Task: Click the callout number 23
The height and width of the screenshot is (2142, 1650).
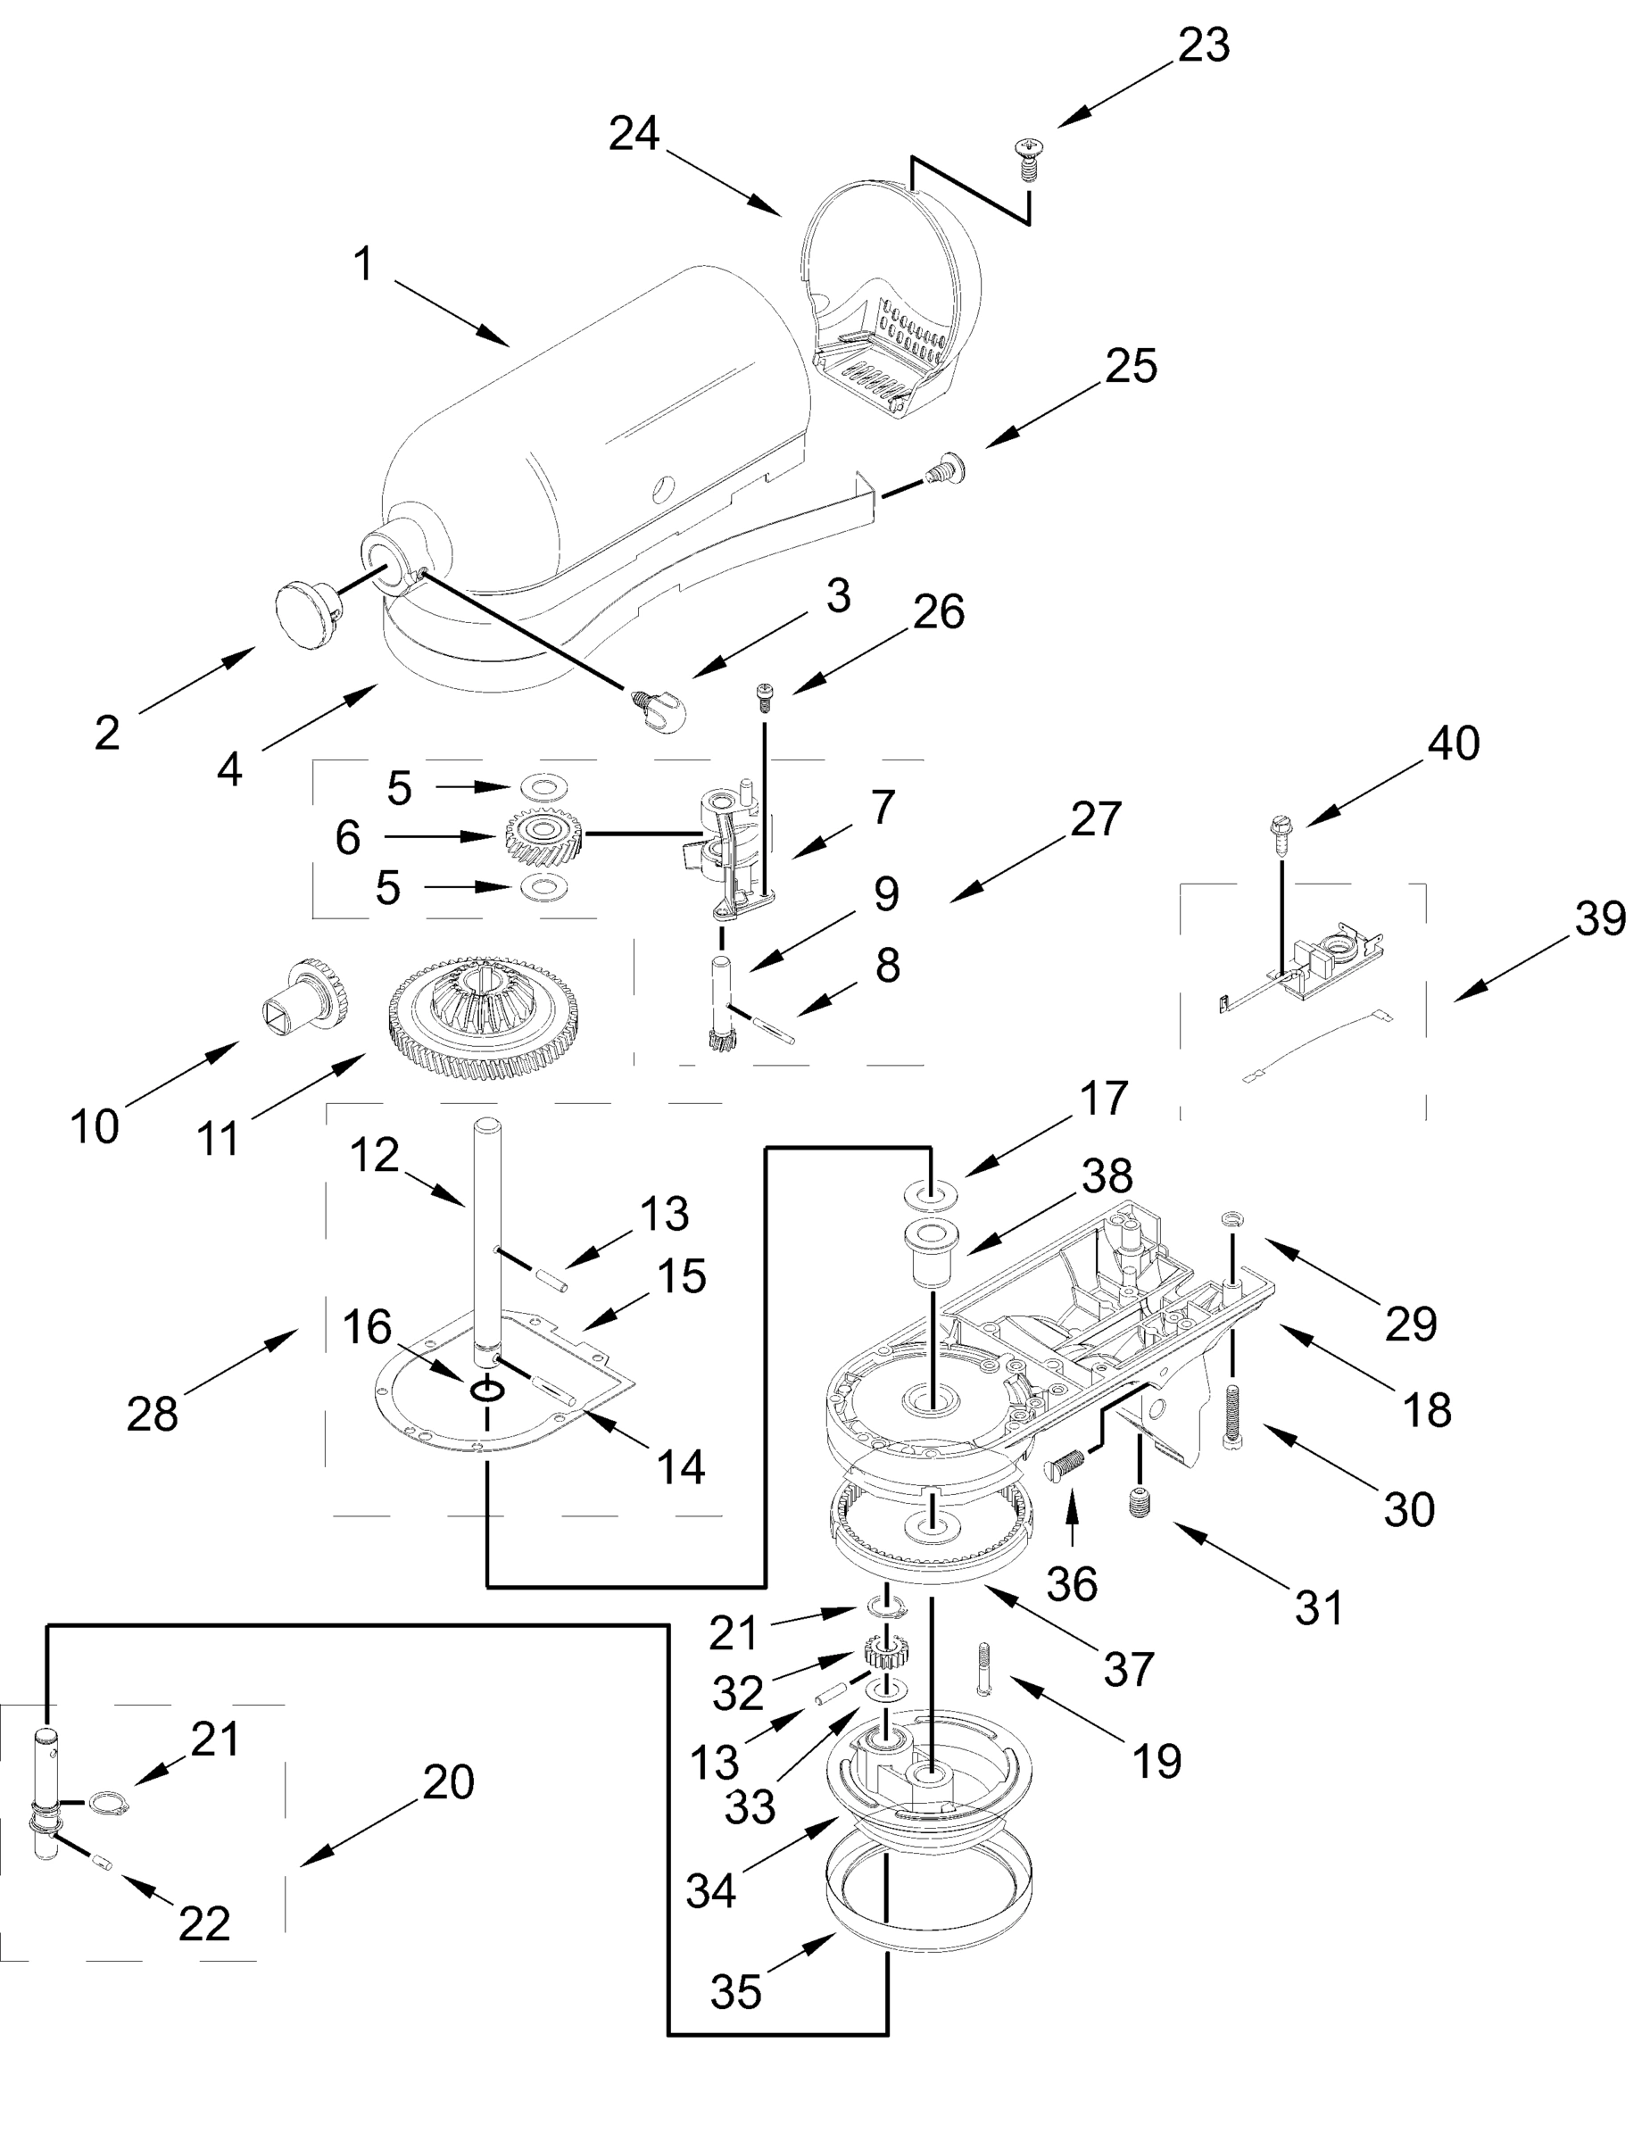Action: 1203,46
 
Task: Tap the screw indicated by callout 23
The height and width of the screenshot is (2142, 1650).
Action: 1027,160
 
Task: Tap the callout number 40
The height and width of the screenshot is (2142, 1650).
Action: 1453,743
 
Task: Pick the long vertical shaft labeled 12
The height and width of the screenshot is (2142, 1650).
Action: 488,1246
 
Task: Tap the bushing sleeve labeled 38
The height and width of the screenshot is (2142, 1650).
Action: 930,1254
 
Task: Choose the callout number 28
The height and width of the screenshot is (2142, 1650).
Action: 152,1414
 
